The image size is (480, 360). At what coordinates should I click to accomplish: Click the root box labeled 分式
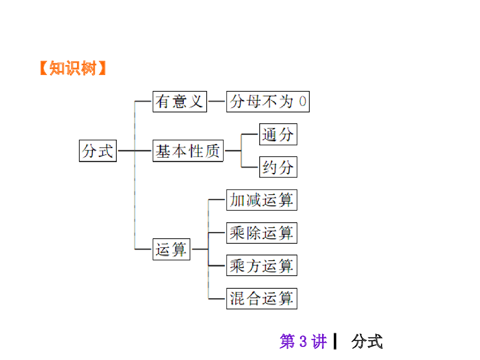click(97, 151)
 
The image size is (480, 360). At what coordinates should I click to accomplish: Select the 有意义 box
click(180, 102)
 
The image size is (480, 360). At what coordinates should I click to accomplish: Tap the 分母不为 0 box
click(268, 102)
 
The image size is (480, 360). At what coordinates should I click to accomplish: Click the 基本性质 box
click(188, 151)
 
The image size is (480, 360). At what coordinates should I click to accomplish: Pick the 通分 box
click(278, 135)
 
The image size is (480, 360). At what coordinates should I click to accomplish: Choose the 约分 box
click(278, 167)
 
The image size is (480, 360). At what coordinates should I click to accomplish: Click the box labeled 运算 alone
click(171, 249)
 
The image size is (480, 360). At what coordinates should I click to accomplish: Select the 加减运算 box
click(262, 200)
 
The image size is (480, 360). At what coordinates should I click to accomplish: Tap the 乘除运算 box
click(262, 233)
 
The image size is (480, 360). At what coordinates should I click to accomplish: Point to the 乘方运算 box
click(262, 266)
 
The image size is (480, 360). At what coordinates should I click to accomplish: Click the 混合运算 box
click(262, 299)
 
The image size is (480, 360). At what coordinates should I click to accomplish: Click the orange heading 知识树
click(72, 69)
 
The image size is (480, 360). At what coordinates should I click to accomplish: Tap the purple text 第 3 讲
click(303, 341)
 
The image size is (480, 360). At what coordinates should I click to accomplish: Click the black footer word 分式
click(367, 341)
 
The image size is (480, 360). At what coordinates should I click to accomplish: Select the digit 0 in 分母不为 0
click(303, 102)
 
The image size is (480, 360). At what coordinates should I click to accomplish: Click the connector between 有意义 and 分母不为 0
click(217, 101)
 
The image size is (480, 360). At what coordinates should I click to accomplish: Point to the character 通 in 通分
click(270, 135)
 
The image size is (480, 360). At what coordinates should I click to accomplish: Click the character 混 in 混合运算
click(237, 299)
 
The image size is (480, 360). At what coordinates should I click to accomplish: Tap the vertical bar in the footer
click(335, 341)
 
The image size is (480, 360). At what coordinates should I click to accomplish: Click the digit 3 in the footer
click(303, 341)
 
